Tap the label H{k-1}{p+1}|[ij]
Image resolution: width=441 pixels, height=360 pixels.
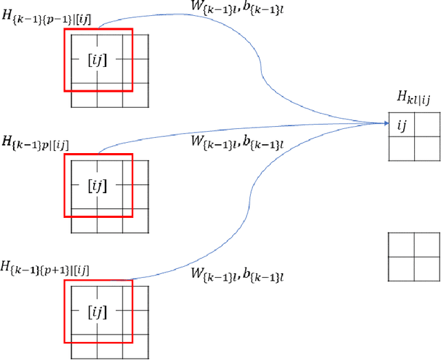(x=44, y=267)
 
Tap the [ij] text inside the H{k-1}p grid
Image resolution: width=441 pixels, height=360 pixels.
(x=97, y=185)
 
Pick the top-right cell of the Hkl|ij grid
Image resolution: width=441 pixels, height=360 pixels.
(x=427, y=125)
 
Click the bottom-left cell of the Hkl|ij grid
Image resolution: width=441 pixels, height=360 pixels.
(x=402, y=149)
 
